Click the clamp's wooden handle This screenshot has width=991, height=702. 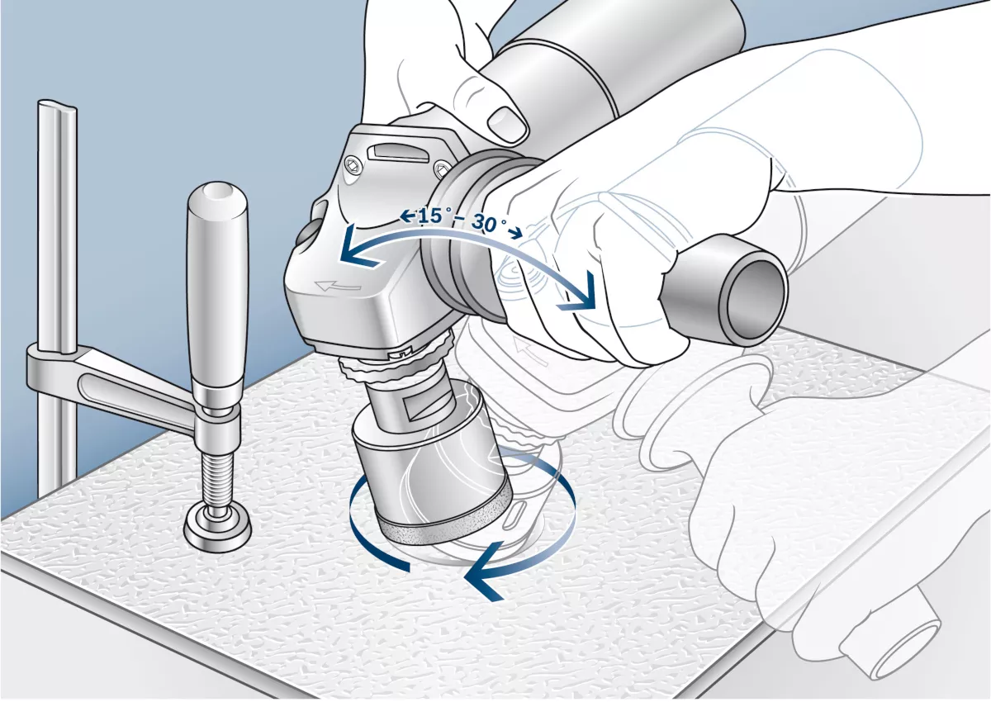[216, 287]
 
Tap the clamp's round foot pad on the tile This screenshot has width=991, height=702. [217, 528]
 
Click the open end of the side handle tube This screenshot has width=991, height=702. [753, 299]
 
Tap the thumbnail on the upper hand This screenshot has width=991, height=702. [508, 123]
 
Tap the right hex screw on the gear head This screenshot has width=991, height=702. [442, 169]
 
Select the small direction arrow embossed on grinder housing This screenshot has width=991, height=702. [337, 287]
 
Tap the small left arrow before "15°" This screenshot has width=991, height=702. [407, 216]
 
